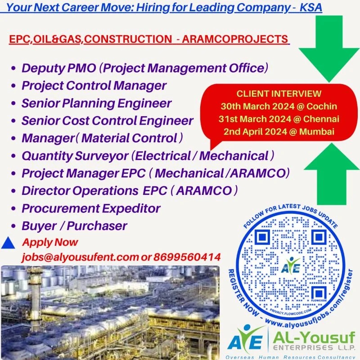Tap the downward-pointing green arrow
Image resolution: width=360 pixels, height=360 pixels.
[x=329, y=48]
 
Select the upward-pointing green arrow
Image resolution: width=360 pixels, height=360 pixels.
[x=332, y=173]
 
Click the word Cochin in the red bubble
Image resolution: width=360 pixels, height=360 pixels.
[x=322, y=106]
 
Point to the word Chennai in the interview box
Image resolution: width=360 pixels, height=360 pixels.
[x=321, y=119]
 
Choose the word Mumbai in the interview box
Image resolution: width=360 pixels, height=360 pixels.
[x=317, y=131]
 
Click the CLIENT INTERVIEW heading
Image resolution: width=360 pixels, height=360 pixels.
[x=279, y=94]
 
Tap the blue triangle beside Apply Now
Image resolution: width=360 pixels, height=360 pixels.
[x=8, y=243]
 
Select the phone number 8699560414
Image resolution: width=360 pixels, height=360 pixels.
[x=187, y=257]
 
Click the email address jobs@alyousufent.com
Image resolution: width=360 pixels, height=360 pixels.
[x=81, y=257]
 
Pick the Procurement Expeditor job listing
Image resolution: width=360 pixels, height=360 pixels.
[x=91, y=208]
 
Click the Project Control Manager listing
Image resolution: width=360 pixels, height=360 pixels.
[x=94, y=85]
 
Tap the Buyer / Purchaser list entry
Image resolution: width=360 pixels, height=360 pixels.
[x=74, y=226]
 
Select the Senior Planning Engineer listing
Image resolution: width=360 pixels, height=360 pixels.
[x=96, y=103]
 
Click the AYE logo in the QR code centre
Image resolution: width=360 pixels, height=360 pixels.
[x=291, y=266]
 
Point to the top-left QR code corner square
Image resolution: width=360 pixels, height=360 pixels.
[x=262, y=237]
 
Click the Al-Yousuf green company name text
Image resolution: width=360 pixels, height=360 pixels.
[x=314, y=337]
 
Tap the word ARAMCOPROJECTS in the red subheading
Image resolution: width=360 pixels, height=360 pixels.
[x=235, y=39]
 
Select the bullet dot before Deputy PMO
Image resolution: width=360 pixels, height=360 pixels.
[x=13, y=68]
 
